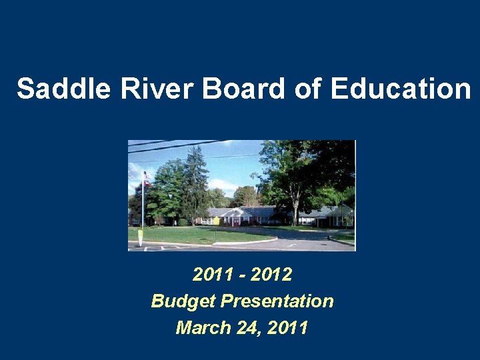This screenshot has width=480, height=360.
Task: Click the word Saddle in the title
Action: tap(63, 89)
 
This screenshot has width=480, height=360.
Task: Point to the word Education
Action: tap(399, 89)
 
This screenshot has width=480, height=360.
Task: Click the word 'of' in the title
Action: tap(307, 89)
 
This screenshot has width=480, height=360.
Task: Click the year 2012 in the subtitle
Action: tap(269, 274)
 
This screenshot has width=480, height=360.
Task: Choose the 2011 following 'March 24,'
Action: tap(287, 327)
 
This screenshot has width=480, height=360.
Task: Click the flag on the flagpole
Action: tap(146, 179)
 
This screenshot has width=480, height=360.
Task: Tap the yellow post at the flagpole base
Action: tap(140, 237)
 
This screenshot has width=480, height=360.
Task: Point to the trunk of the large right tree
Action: tap(294, 211)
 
